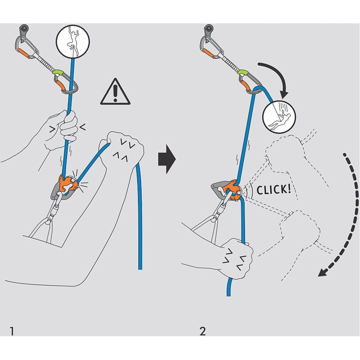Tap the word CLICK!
[273, 190]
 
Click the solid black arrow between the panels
[166, 159]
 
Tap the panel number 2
[202, 331]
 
